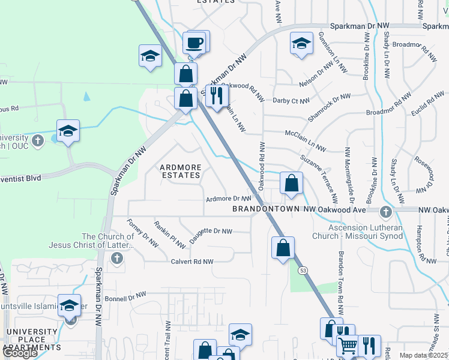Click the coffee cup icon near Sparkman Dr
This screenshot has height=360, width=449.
click(x=195, y=43)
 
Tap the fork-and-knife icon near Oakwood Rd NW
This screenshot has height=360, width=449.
click(x=217, y=95)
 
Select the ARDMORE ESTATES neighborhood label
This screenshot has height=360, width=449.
click(x=179, y=170)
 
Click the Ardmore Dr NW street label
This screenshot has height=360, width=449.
click(x=228, y=199)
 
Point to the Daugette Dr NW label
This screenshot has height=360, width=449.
click(x=210, y=231)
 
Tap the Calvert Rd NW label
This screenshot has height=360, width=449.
click(x=191, y=262)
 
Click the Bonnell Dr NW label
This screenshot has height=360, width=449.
click(x=125, y=296)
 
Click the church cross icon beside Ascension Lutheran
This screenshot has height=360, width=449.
click(x=385, y=211)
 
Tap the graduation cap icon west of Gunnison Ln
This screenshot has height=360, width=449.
click(x=302, y=43)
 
